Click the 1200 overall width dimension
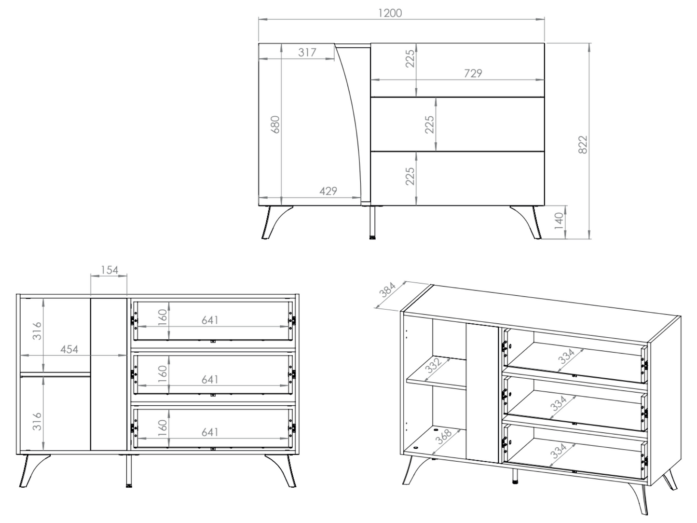point(390,13)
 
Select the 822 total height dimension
point(583,145)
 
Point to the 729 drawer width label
point(473,73)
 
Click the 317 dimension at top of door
point(307,52)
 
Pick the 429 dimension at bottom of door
point(328,191)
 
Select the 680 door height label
point(275,124)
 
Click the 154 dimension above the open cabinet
point(109,270)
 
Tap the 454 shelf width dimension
point(69,349)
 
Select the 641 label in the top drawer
point(210,320)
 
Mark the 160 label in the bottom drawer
point(163,426)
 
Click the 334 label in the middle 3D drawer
point(559,402)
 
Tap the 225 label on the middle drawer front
point(430,124)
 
